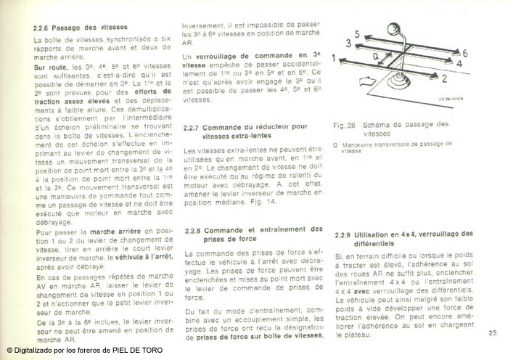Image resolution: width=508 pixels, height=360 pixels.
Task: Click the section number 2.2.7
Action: [194, 126]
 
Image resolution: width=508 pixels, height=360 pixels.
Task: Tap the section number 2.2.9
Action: [345, 234]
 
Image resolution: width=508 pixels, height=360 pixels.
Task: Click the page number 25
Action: [492, 332]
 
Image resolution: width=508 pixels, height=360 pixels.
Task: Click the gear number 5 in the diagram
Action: [358, 32]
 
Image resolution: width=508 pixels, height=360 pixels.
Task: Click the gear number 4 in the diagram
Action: [457, 65]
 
